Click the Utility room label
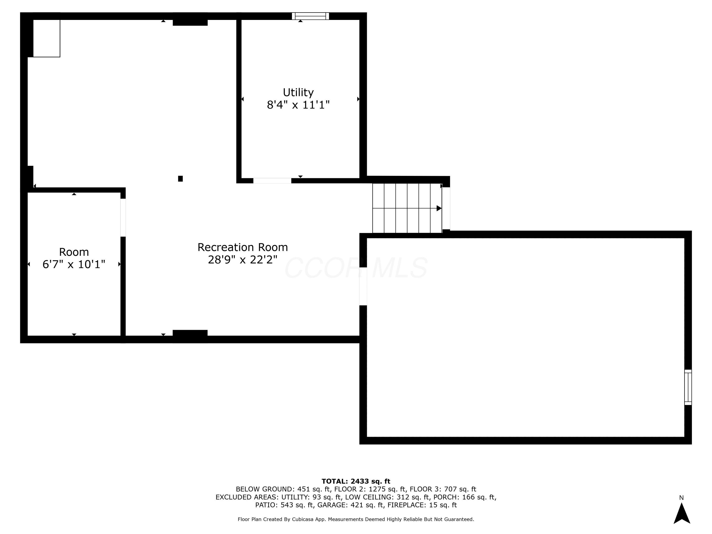298,93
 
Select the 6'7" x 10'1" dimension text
74,264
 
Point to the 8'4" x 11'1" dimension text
298,105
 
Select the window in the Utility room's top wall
310,16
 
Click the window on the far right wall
688,387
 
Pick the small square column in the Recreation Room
180,179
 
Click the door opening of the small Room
123,218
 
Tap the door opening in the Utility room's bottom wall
272,181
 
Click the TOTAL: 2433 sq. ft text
356,481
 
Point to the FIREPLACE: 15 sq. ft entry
422,505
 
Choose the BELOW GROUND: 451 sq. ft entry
283,489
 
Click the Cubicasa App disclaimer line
356,519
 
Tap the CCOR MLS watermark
356,268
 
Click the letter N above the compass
681,498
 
